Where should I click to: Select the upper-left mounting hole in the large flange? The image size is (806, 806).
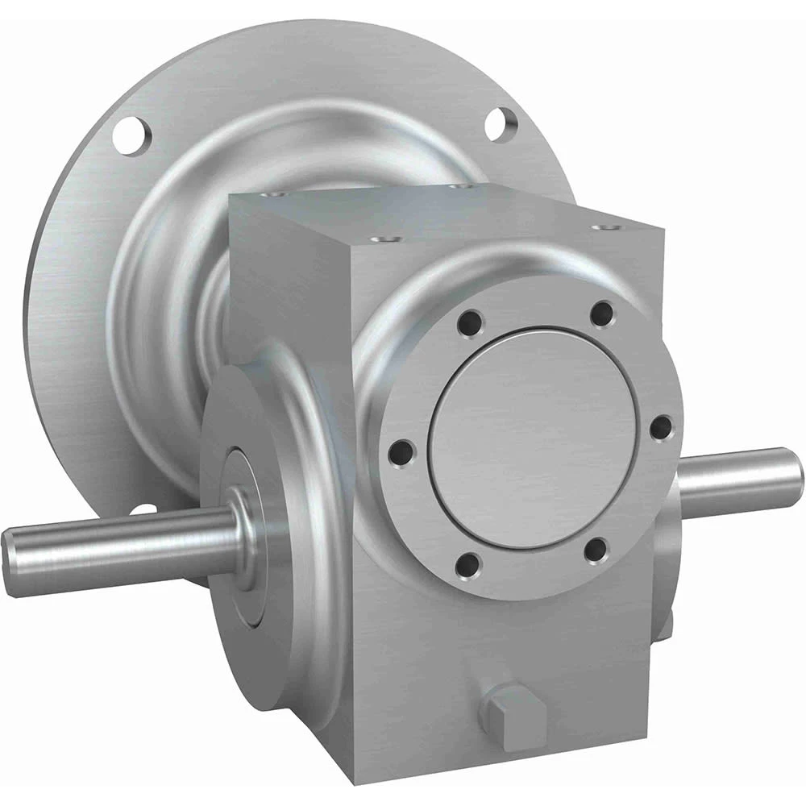click(132, 134)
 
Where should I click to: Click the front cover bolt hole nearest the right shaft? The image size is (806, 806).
click(660, 427)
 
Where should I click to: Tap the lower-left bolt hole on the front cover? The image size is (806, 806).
click(467, 565)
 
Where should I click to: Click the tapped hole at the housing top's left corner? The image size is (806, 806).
click(276, 194)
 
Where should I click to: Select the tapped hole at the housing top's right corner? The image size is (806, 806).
click(601, 227)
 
